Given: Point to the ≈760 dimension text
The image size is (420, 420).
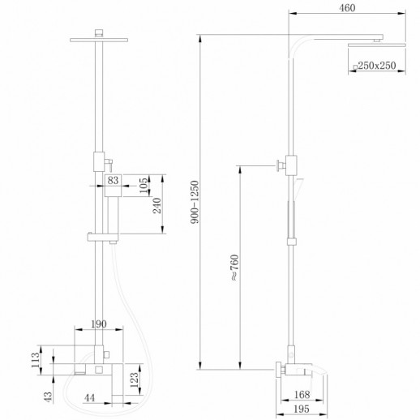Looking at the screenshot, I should [234, 267].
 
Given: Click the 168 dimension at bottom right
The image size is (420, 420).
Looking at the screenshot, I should [302, 396].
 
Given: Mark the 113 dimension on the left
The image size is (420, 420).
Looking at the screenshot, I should [36, 359].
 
